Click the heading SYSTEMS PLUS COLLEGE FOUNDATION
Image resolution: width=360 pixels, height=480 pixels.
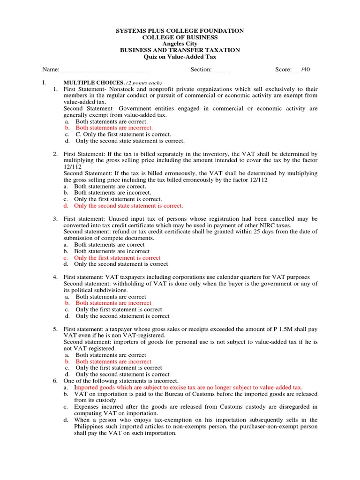pos(180,31)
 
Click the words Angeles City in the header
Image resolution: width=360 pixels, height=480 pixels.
pos(180,44)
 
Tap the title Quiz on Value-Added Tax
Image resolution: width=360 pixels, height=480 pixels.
pos(180,57)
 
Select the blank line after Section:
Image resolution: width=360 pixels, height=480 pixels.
pos(221,70)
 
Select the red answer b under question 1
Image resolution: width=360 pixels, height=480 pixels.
pos(114,127)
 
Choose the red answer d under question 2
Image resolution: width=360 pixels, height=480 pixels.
pos(128,205)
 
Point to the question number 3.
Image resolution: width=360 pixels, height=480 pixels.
pos(55,219)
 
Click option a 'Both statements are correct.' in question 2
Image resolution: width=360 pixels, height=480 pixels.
pos(110,186)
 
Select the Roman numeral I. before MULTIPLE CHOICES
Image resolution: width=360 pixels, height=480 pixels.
pos(44,82)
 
